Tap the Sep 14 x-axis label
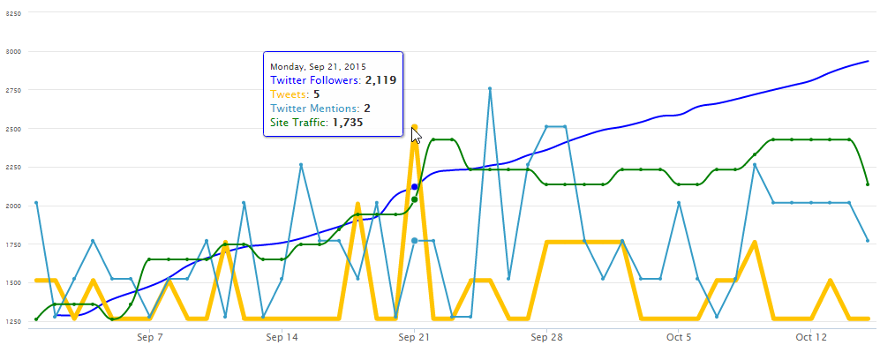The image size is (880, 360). pyautogui.click(x=282, y=337)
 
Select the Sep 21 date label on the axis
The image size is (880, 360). pyautogui.click(x=414, y=337)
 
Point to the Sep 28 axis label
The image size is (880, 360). pyautogui.click(x=547, y=337)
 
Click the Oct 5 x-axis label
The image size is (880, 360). pyautogui.click(x=678, y=337)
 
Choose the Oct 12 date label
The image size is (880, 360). pyautogui.click(x=810, y=337)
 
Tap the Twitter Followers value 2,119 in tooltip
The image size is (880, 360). pyautogui.click(x=380, y=80)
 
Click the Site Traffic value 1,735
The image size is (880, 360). pyautogui.click(x=346, y=123)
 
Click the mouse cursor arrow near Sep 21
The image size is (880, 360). pyautogui.click(x=417, y=136)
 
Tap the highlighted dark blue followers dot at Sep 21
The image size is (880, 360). pyautogui.click(x=415, y=187)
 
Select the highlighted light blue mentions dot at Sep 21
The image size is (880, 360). pyautogui.click(x=415, y=240)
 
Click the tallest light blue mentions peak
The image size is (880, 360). pyautogui.click(x=490, y=88)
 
